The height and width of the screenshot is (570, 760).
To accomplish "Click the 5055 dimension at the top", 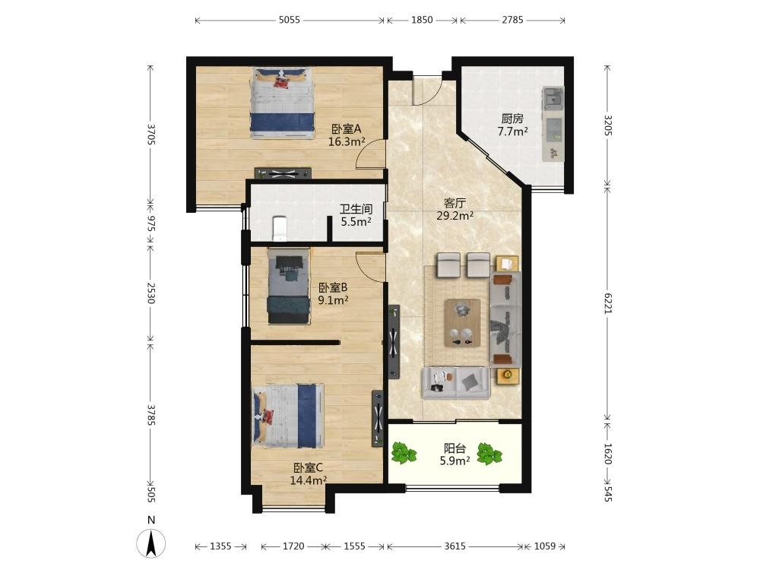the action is pos(290,20).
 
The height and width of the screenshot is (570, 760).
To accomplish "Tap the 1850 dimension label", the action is pos(422,20).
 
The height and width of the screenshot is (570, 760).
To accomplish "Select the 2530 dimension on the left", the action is pos(150,293).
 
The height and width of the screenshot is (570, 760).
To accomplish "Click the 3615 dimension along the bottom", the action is pos(454,546).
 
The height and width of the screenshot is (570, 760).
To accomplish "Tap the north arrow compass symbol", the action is pos(151,543).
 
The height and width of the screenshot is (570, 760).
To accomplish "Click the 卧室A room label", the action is pos(346,129).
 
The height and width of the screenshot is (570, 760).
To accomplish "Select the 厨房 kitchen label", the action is pos(512,119).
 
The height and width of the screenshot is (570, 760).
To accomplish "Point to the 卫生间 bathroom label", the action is pos(356,209).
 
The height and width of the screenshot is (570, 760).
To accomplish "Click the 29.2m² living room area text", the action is pos(454,216).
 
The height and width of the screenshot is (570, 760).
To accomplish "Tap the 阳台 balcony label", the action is pos(454,448).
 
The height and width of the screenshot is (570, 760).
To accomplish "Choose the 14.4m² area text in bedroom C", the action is pos(308,480).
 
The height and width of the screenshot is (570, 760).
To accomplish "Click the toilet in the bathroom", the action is pos(279,228).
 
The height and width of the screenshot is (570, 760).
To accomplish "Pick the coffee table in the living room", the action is pos(463,323).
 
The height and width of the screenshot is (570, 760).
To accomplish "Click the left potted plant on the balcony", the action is pos(404,453).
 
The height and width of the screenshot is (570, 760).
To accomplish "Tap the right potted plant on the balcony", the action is pos(489,454).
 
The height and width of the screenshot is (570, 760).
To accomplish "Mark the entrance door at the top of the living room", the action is pos(426,90).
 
